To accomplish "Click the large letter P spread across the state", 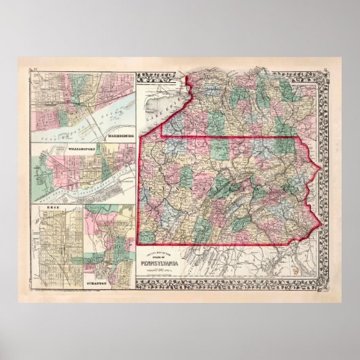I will [145, 183].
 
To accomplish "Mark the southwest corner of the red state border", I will [141, 243].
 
